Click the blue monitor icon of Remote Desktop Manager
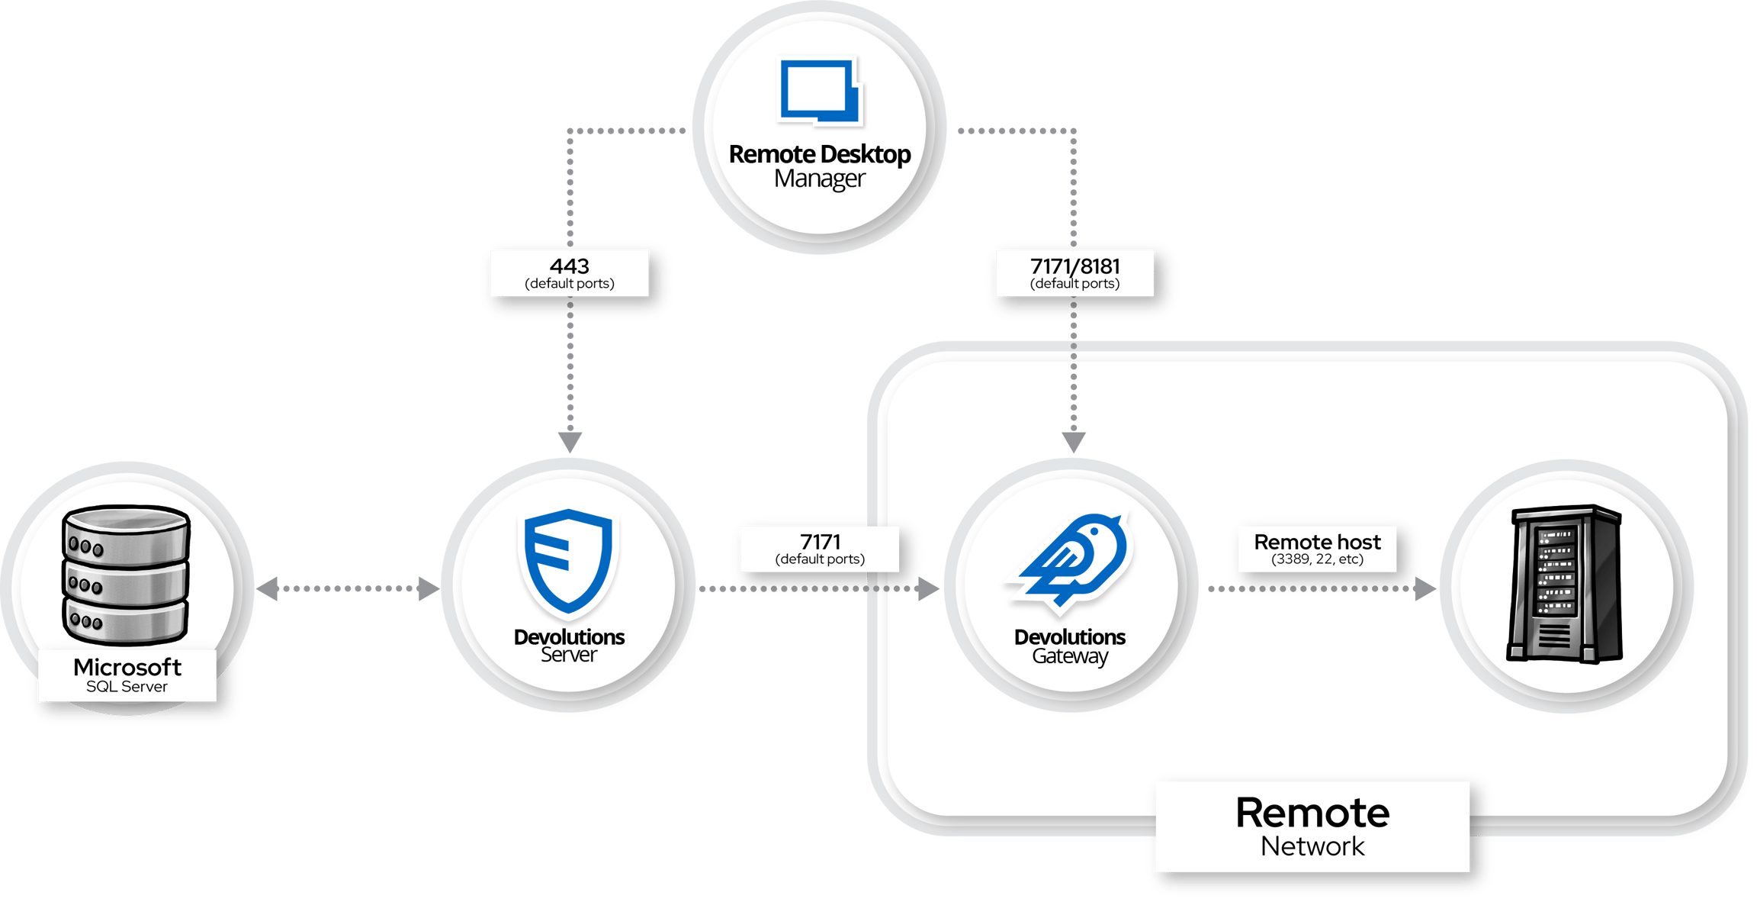click(x=820, y=91)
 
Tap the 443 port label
click(x=570, y=272)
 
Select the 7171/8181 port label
click(x=1074, y=272)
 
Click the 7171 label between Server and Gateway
click(x=820, y=549)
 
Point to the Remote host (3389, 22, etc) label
click(x=1317, y=549)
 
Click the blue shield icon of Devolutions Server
click(x=568, y=561)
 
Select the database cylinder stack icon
click(x=126, y=574)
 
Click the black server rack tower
click(x=1565, y=584)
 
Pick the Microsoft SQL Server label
click(x=127, y=675)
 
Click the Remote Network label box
click(x=1312, y=826)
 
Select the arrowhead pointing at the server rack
click(x=1425, y=588)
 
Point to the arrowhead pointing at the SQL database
click(x=267, y=588)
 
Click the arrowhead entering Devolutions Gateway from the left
click(x=928, y=588)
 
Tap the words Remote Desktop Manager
click(x=820, y=166)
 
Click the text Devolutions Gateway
click(x=1070, y=646)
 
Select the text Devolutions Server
click(x=569, y=645)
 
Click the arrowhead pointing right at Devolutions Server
click(x=429, y=588)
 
